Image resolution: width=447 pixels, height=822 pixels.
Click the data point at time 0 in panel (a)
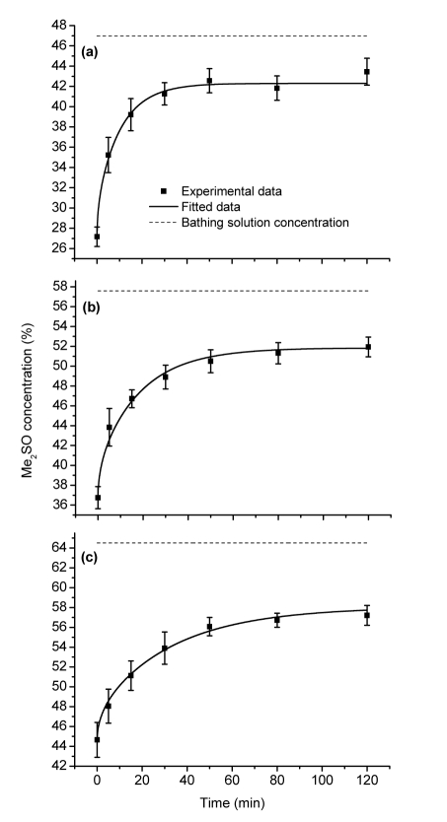pyautogui.click(x=97, y=237)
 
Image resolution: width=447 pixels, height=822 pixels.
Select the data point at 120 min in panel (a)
pyautogui.click(x=367, y=72)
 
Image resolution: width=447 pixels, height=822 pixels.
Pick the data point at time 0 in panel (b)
pyautogui.click(x=97, y=498)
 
